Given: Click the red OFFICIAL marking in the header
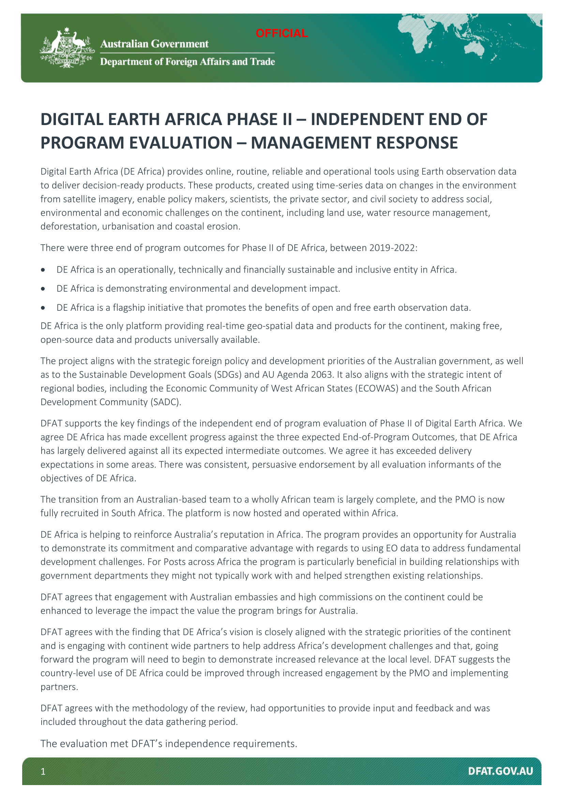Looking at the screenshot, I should [x=282, y=33].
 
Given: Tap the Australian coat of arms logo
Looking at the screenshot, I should [x=67, y=48].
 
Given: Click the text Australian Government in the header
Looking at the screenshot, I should [x=154, y=44].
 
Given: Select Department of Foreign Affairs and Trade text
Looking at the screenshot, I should [x=187, y=62].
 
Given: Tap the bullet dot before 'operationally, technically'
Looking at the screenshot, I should [x=43, y=270].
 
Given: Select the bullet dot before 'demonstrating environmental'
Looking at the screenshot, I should [x=43, y=289].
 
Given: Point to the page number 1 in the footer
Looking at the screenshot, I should [x=43, y=771].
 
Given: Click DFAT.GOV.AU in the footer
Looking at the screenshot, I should [x=500, y=771].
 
